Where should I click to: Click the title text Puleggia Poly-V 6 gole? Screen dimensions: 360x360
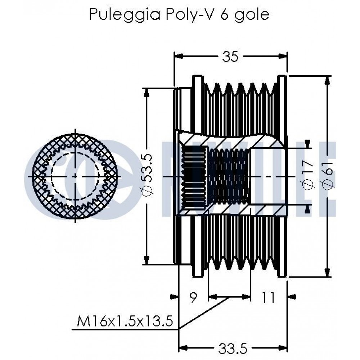[x=179, y=15]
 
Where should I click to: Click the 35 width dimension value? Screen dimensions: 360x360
[x=230, y=56]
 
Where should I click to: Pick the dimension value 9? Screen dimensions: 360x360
[x=193, y=297]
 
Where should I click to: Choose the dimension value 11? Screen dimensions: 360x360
[x=268, y=297]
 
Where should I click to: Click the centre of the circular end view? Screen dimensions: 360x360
[x=75, y=176]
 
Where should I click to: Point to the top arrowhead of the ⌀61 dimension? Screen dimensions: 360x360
[x=327, y=80]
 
